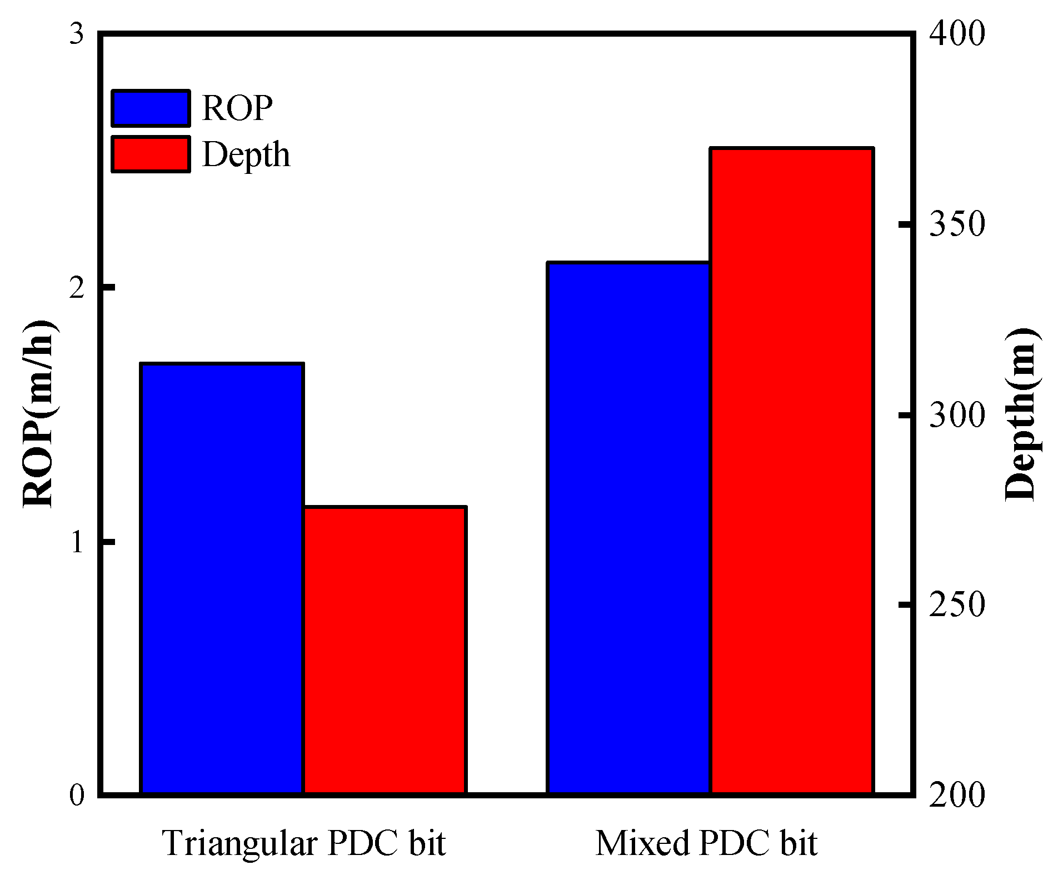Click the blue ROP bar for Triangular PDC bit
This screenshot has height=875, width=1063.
222,578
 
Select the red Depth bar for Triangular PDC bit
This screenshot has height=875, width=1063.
385,650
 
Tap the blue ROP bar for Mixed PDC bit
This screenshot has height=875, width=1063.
628,528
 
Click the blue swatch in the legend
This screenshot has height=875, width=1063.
151,108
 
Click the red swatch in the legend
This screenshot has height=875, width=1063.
151,154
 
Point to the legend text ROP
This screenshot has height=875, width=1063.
237,108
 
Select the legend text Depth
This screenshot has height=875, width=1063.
246,154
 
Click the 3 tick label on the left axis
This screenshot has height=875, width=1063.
76,34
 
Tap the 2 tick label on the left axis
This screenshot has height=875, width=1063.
76,288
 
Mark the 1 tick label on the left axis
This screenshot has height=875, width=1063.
76,542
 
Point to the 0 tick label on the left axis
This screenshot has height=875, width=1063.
76,796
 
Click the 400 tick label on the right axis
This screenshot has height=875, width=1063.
957,34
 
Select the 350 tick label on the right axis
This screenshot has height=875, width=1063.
957,224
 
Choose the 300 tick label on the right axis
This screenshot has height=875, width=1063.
957,415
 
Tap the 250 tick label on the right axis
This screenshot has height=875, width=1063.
957,605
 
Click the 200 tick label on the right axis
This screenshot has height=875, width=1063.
957,796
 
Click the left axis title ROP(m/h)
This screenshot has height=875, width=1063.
39,414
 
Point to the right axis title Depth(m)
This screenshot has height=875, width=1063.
1021,414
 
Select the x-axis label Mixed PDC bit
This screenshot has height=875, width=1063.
706,843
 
